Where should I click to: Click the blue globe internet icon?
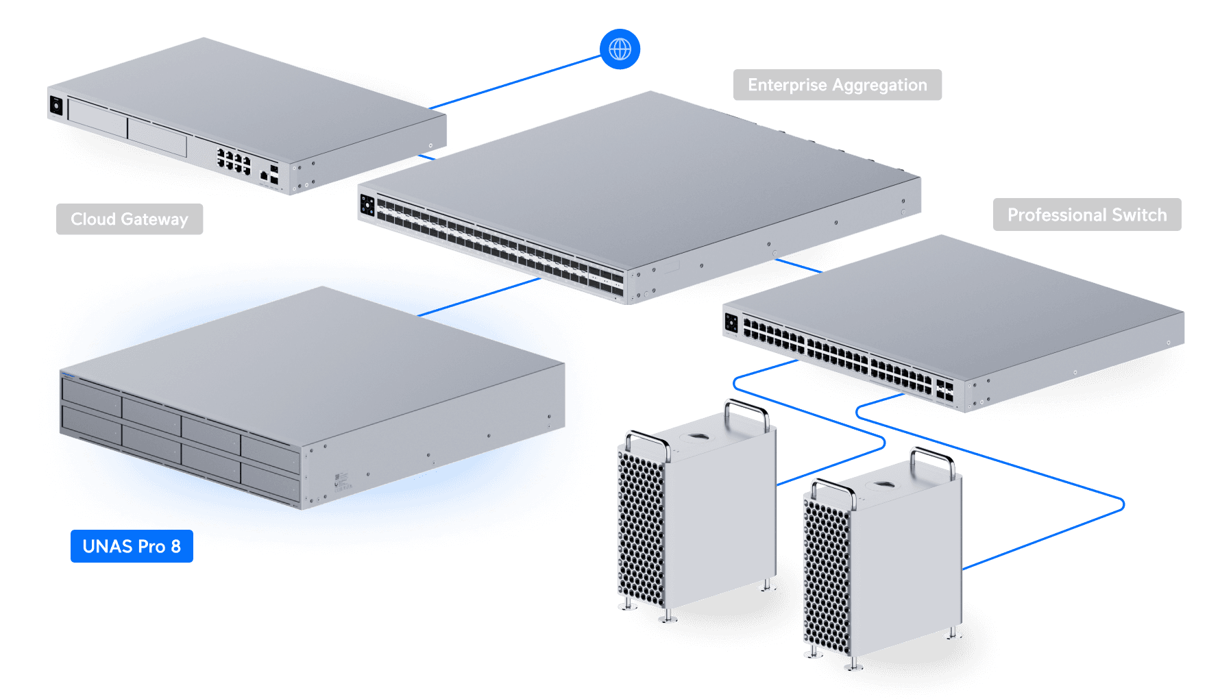point(620,49)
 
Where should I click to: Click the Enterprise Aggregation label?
point(837,85)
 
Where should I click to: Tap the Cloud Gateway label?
point(130,219)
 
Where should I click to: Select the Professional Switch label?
point(1086,215)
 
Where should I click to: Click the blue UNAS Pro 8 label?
point(132,546)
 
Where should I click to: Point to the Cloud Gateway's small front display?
point(56,106)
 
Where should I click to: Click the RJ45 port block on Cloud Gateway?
point(234,161)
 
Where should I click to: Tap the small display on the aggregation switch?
point(367,204)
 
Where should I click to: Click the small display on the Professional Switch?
point(731,322)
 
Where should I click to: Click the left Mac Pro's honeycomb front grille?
point(642,528)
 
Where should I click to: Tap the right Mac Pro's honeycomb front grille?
point(827,576)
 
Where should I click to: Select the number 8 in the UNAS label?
point(176,546)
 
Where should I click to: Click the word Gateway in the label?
point(154,219)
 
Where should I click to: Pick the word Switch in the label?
point(1139,215)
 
